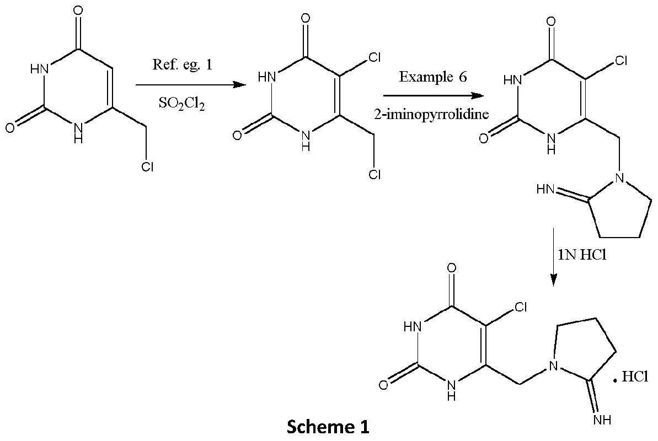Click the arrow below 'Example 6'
coord(434,94)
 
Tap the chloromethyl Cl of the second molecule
coord(375,175)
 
